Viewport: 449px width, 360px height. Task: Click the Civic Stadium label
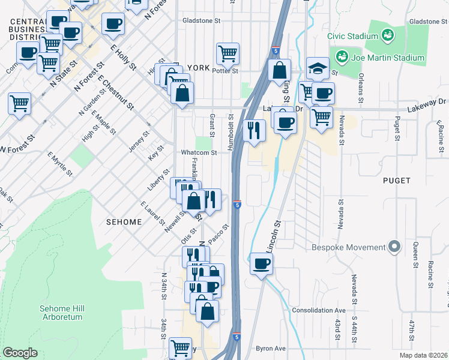point(351,35)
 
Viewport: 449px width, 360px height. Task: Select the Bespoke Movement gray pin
point(394,247)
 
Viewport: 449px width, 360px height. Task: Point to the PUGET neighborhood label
point(397,180)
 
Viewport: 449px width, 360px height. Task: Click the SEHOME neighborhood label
point(124,222)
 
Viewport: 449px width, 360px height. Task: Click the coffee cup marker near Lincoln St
point(261,263)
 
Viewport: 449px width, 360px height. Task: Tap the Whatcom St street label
point(198,152)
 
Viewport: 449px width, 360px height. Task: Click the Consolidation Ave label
point(319,310)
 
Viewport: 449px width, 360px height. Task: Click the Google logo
point(20,353)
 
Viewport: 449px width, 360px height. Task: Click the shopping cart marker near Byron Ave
point(180,347)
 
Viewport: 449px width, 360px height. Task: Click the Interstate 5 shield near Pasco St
point(238,205)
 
